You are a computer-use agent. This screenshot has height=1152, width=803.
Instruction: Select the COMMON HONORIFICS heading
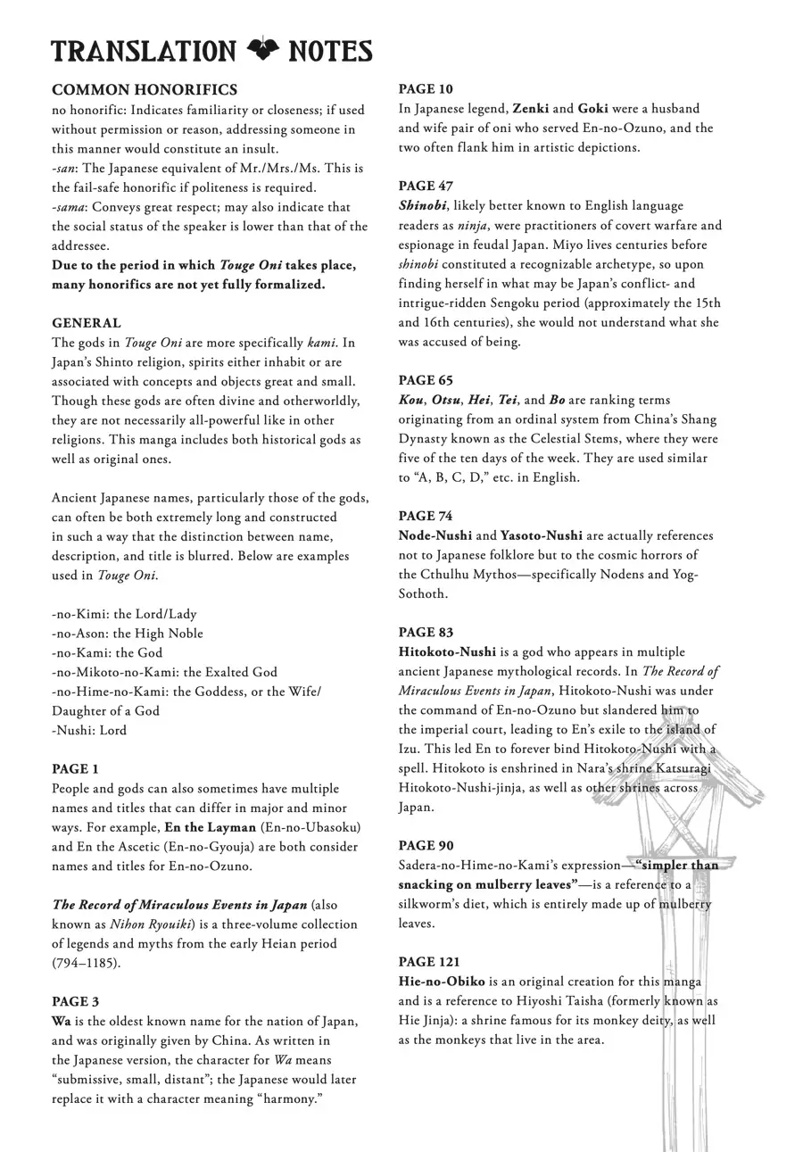145,90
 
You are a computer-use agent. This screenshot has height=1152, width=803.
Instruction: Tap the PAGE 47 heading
426,186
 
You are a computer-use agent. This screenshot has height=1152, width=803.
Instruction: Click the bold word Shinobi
422,205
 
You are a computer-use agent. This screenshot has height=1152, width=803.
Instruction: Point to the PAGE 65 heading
426,380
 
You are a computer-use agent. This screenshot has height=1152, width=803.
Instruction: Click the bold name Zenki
530,109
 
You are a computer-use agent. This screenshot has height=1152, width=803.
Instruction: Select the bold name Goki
593,109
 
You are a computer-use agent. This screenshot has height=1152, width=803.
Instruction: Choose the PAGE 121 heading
429,962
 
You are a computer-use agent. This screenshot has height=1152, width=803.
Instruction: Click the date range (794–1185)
86,963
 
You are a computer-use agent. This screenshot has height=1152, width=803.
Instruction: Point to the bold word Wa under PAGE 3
62,1021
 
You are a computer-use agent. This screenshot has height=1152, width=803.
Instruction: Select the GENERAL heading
87,323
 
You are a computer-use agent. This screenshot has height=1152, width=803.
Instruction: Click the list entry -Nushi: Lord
89,730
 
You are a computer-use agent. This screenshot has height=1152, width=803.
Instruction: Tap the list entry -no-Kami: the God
107,652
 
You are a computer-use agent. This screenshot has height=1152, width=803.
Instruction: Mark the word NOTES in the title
330,51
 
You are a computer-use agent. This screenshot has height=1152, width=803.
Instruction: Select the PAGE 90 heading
426,845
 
